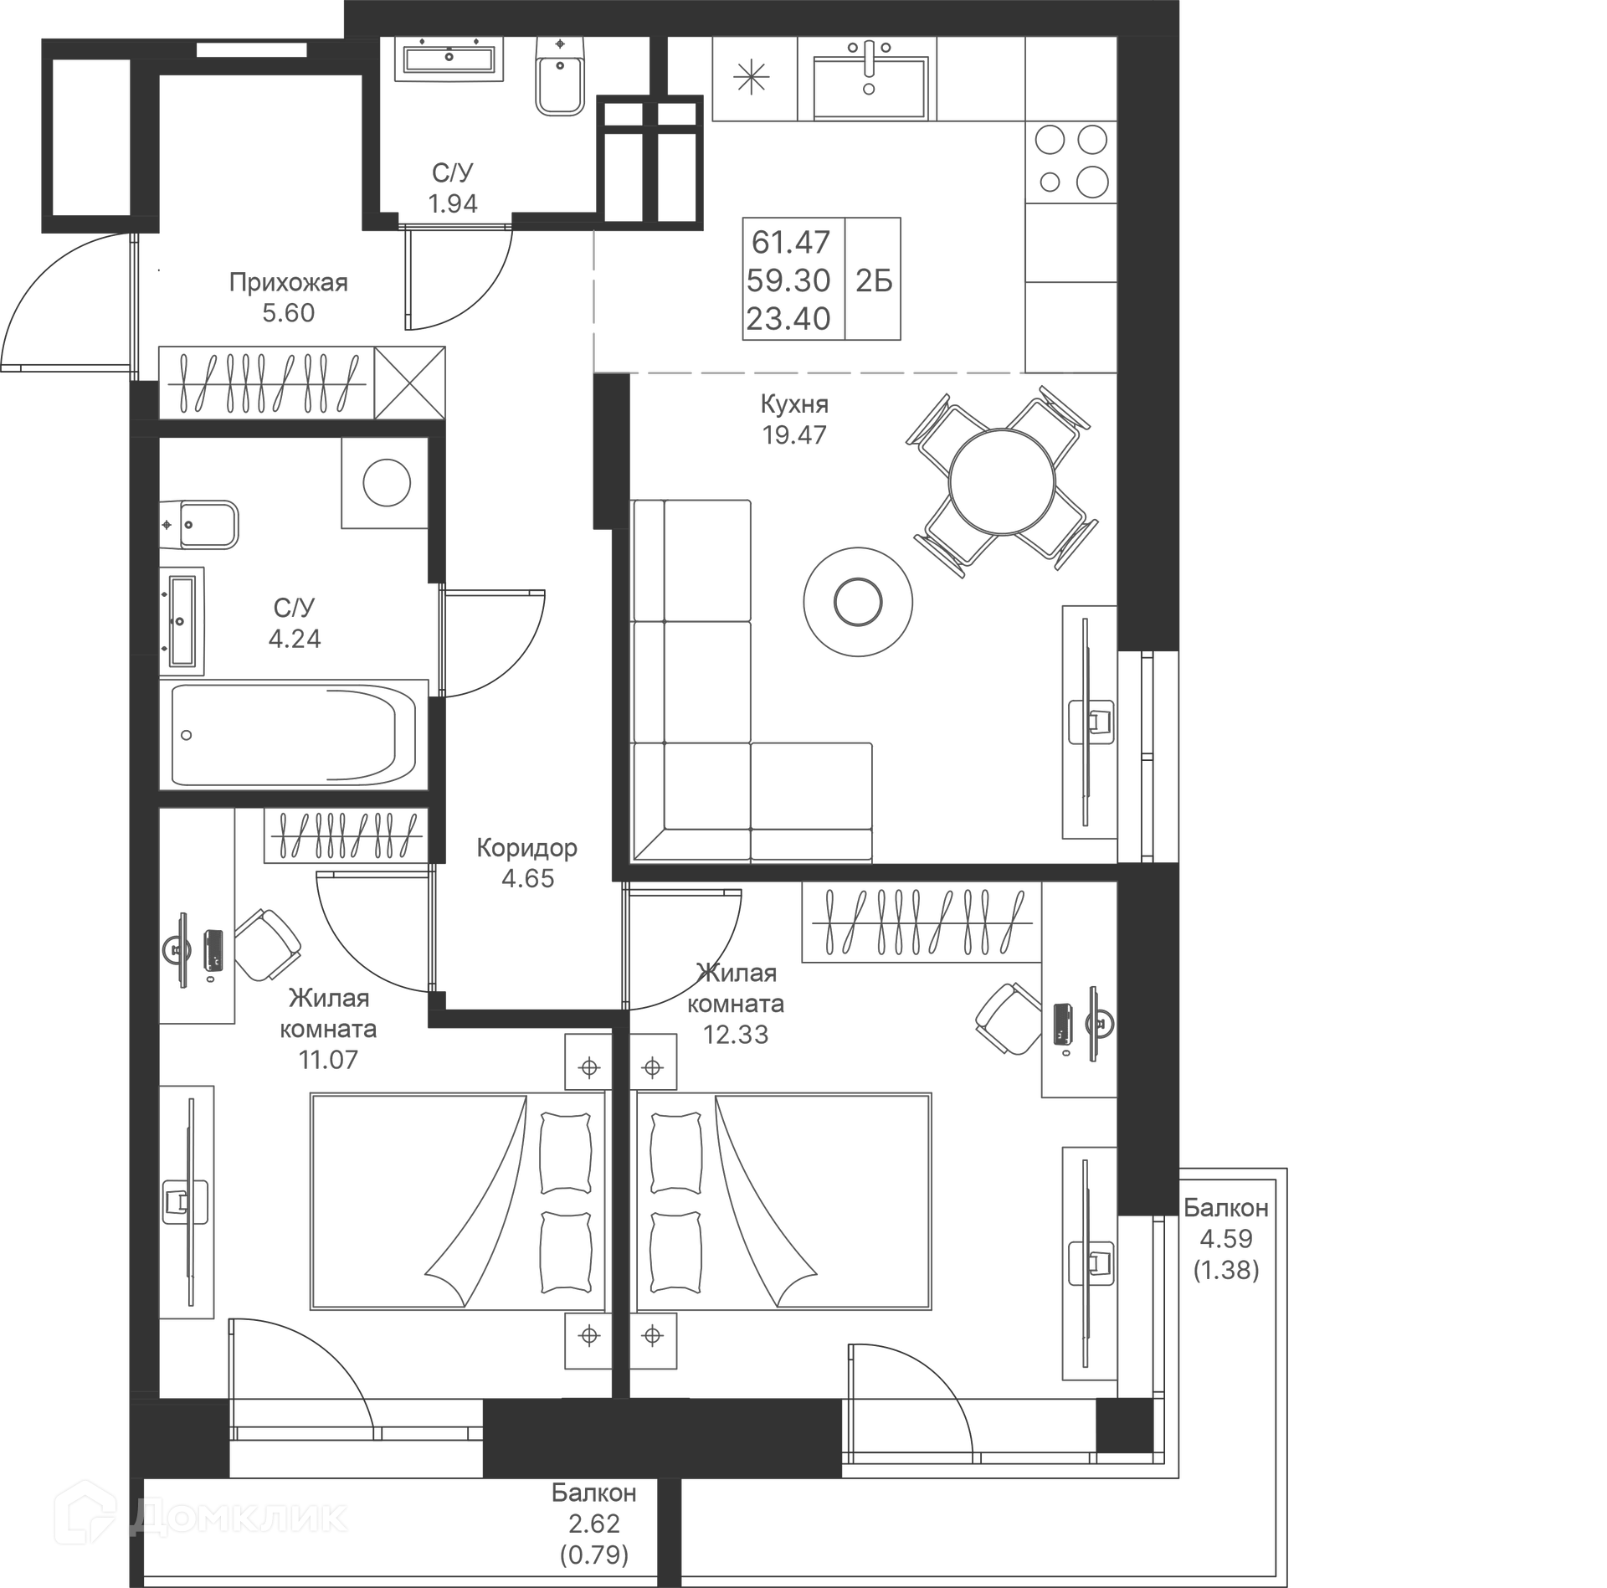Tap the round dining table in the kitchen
(x=1001, y=481)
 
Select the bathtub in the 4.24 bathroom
(x=293, y=735)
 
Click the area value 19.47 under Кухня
(x=793, y=434)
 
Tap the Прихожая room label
(x=288, y=282)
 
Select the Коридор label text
(x=526, y=848)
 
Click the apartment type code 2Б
(x=873, y=280)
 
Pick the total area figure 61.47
(x=790, y=242)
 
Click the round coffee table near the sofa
(x=858, y=602)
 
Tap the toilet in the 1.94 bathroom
(x=560, y=78)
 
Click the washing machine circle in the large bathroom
(x=386, y=482)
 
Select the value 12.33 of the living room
(x=735, y=1035)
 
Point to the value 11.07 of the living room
(x=327, y=1060)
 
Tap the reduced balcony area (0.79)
(x=593, y=1555)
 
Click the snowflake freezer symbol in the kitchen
(x=751, y=79)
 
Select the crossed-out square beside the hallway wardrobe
(x=409, y=383)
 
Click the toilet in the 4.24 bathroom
(x=201, y=525)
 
